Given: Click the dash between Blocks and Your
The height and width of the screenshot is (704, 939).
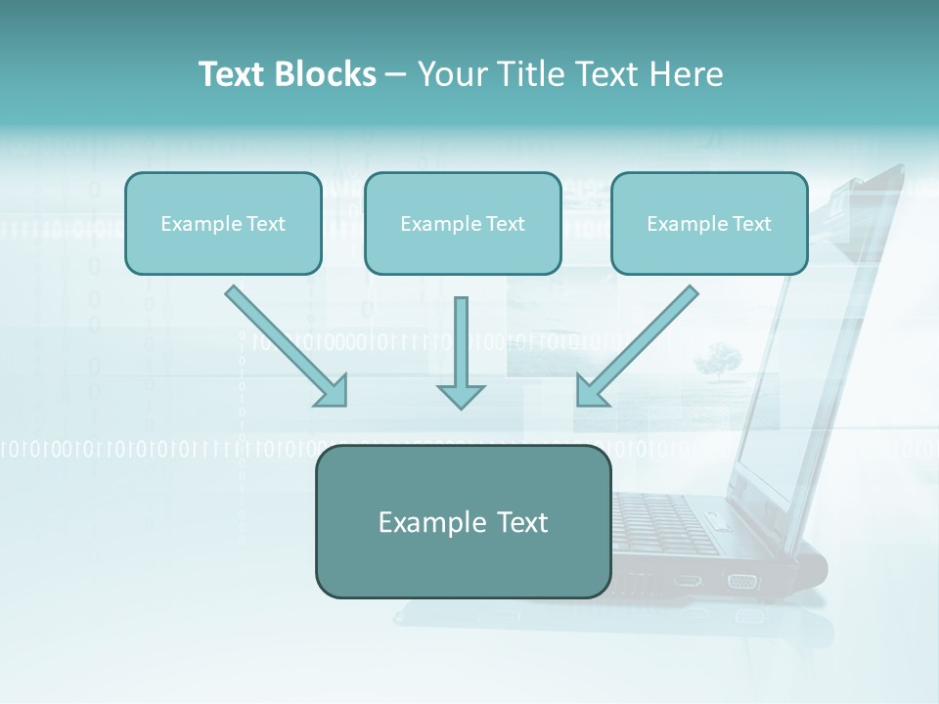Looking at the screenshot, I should pos(396,75).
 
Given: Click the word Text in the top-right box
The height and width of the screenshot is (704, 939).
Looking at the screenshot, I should pos(751,224).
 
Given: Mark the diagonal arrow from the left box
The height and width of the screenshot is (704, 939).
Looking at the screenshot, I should pos(286,345).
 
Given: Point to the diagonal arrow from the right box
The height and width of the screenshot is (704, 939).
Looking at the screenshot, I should pos(638,345).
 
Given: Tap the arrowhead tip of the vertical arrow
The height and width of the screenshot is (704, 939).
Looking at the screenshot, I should pos(461,405).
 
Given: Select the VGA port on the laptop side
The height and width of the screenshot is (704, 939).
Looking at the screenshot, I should pos(741,581).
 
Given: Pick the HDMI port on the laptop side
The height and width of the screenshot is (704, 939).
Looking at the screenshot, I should pos(688,580).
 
